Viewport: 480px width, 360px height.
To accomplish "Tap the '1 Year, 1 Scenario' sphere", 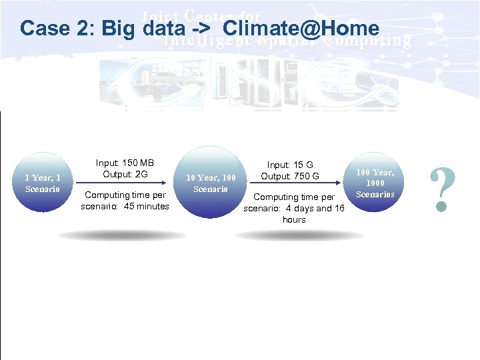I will [x=43, y=183].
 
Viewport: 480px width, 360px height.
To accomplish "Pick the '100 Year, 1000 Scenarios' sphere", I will [x=375, y=183].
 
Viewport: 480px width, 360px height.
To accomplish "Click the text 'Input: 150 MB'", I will [x=125, y=163].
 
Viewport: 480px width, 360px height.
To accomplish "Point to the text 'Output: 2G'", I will [x=125, y=175].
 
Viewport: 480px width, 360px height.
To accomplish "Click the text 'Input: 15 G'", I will [x=290, y=165].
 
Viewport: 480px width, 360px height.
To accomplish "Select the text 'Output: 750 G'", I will [x=290, y=176].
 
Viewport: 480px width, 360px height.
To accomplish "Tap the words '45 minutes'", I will [x=145, y=206].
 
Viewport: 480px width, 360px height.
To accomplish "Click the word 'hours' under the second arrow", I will [x=294, y=219].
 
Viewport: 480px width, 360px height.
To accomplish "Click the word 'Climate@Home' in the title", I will [x=301, y=29].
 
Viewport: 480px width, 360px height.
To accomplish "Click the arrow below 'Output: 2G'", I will [x=125, y=184].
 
